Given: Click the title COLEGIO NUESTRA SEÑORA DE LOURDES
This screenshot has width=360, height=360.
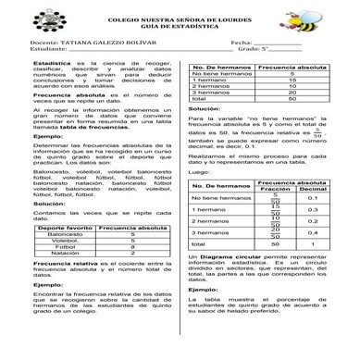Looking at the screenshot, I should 180,19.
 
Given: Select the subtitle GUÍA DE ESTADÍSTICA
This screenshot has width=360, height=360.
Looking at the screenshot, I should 180,27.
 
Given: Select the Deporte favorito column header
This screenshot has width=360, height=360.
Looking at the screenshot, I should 64,228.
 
